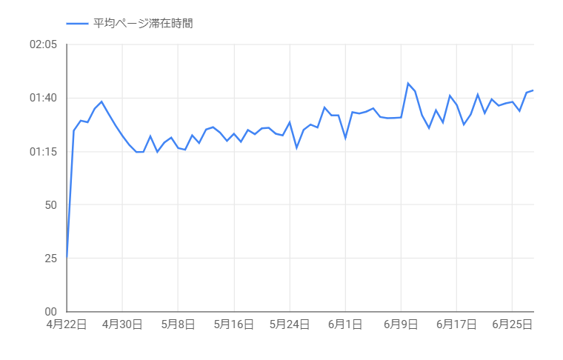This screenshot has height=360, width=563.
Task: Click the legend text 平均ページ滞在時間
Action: tap(143, 24)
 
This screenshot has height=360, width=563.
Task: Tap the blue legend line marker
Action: tap(77, 24)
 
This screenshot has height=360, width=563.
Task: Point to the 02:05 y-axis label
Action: tap(43, 45)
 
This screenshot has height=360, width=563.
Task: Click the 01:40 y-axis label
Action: tap(43, 99)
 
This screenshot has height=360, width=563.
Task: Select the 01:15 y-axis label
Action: tap(43, 152)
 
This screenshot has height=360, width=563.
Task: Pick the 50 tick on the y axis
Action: tap(50, 205)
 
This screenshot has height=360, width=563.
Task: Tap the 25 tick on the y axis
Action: tap(50, 259)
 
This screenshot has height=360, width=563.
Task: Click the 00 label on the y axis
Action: tap(50, 312)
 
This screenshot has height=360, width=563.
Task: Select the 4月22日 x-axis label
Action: tap(67, 324)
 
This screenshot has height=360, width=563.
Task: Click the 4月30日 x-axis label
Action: tap(122, 324)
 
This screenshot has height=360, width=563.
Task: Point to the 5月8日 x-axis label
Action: tap(178, 324)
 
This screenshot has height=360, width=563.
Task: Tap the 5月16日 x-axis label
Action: tap(234, 324)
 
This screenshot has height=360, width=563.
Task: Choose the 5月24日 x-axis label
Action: tap(290, 324)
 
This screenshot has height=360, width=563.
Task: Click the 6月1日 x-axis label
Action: tap(345, 324)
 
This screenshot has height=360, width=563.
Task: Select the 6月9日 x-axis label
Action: tap(401, 324)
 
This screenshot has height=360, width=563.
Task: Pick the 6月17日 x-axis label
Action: tap(456, 324)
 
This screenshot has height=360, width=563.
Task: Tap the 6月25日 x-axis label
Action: tap(512, 324)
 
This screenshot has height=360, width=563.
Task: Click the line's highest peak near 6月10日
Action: tap(408, 83)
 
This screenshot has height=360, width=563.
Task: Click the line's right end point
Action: tap(533, 90)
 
